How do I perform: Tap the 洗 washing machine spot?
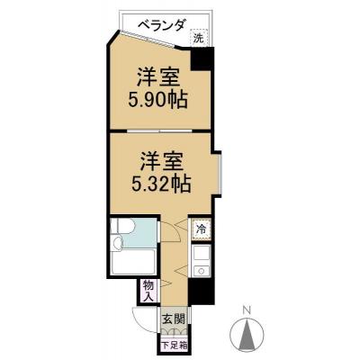[199, 38]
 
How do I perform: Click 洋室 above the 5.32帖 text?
[162, 163]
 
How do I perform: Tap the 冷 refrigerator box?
[202, 229]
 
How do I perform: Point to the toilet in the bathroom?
[122, 233]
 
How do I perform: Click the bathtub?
[131, 265]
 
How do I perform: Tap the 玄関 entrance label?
[175, 319]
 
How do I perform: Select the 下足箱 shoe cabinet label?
[175, 343]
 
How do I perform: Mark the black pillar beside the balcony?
[204, 59]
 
